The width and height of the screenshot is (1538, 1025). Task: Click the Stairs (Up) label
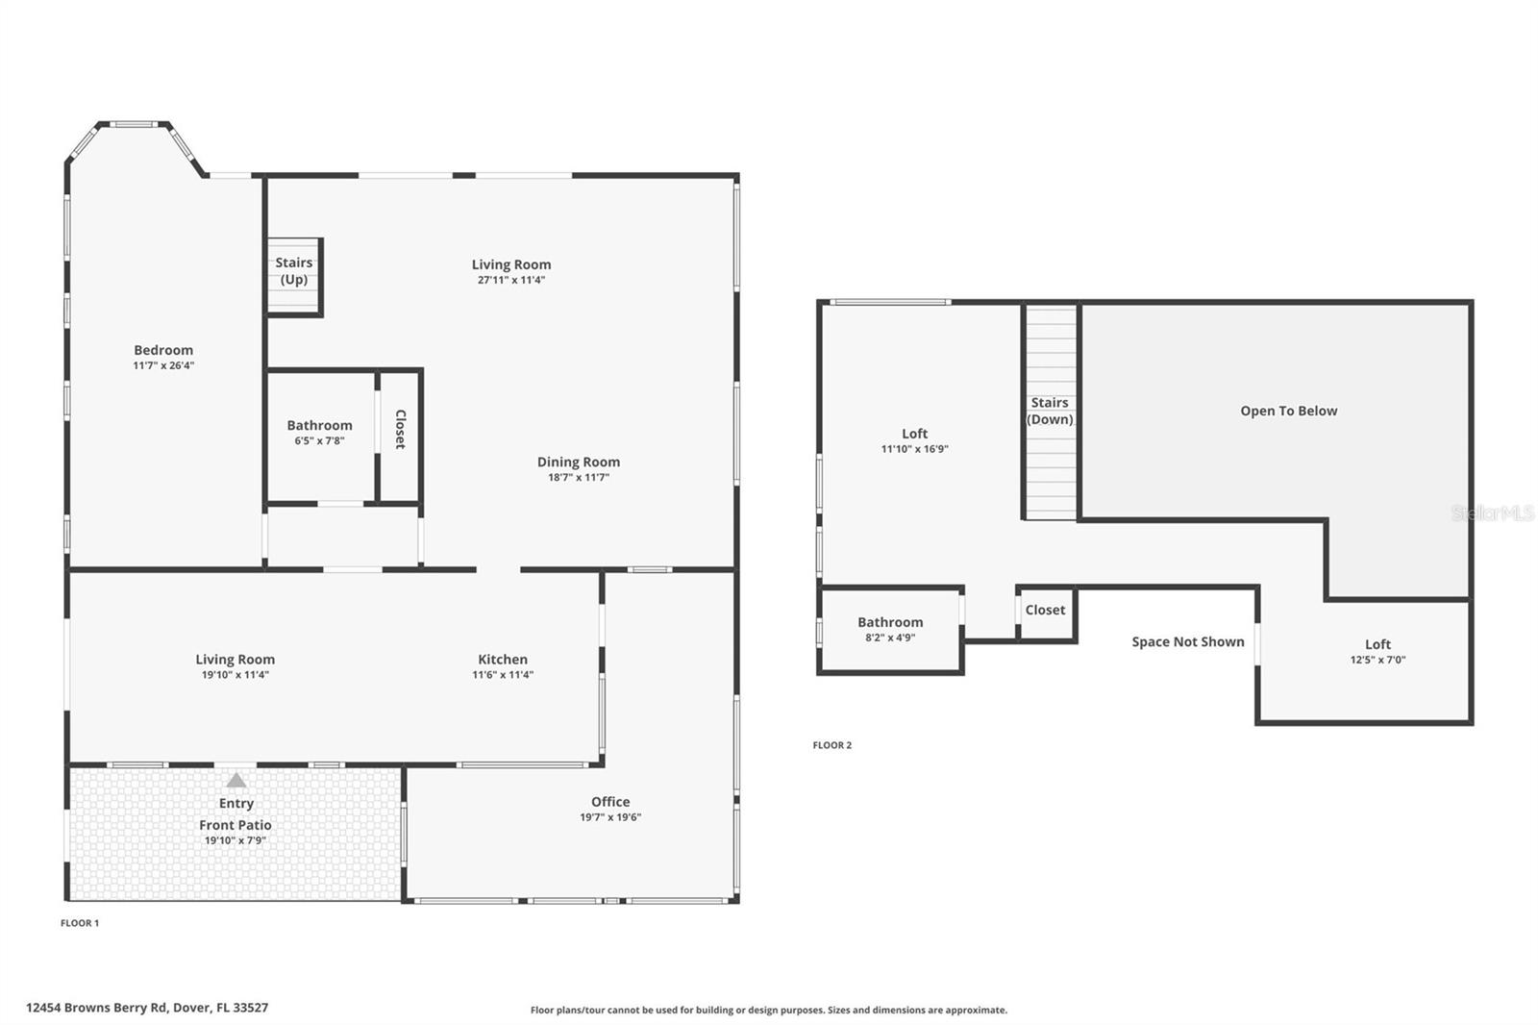point(293,270)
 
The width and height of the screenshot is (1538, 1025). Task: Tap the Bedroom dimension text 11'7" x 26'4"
point(163,365)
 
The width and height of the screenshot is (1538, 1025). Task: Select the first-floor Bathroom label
point(319,425)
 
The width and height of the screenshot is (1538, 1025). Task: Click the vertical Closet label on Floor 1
point(400,429)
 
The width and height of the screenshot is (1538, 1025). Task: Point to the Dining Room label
point(578,462)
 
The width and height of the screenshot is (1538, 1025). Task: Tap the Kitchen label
point(503,659)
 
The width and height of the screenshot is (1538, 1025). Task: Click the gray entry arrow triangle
point(236,780)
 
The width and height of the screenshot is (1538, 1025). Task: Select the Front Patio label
point(236,825)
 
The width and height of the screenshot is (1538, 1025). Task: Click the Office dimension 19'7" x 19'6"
point(610,817)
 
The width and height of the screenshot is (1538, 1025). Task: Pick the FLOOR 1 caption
point(80,923)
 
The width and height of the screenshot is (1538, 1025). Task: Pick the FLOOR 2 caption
point(832,745)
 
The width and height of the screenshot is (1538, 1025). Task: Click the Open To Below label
point(1288,411)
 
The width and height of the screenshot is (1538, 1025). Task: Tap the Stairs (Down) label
point(1050,411)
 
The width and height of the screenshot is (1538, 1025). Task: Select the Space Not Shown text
point(1187,641)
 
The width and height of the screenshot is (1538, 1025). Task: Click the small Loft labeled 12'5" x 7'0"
point(1377,644)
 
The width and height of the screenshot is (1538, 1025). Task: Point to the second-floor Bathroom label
point(890,622)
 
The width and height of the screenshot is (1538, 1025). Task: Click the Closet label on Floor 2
point(1045,610)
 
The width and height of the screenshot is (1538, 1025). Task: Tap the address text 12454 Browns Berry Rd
point(147,1008)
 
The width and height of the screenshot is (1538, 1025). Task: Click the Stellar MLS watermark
point(1493,513)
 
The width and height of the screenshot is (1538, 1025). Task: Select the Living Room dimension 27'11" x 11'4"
point(511,280)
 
